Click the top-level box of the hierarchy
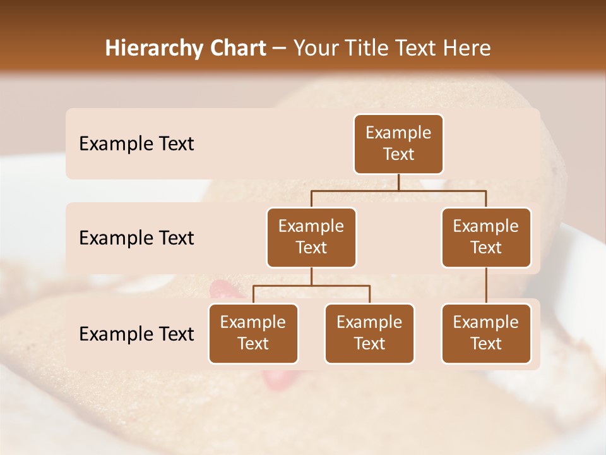[x=398, y=144]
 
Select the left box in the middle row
[x=311, y=237]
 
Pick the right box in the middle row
[x=486, y=237]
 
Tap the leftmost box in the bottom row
[x=253, y=333]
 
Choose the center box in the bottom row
[x=369, y=333]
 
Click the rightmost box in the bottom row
[x=486, y=333]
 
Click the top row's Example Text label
[x=136, y=144]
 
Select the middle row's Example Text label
[x=136, y=238]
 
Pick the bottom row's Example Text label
[x=136, y=334]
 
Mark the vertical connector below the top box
[x=398, y=182]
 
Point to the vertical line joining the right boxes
[x=486, y=286]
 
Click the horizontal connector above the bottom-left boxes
[x=311, y=286]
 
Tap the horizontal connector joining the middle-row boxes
[x=398, y=190]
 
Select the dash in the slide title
[x=279, y=49]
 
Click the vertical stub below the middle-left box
[x=311, y=277]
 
